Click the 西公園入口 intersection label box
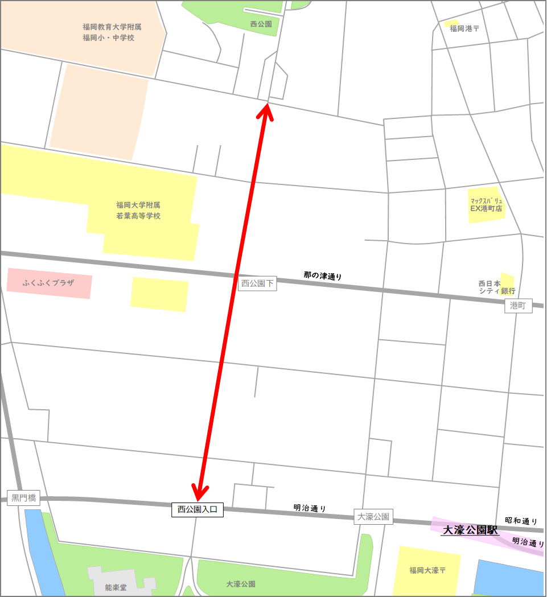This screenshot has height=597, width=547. point(198,510)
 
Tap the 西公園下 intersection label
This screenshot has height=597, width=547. point(257,283)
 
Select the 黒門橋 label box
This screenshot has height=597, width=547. point(24,499)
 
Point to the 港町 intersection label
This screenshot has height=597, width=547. point(518,306)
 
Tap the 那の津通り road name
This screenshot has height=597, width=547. point(323,276)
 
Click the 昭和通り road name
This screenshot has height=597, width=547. point(521,521)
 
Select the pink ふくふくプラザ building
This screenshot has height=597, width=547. point(49,283)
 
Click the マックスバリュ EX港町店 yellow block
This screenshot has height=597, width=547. point(486,205)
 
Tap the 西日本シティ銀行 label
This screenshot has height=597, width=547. point(493,287)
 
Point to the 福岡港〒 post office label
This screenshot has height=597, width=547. point(464,28)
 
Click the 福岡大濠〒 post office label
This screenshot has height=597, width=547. point(427,570)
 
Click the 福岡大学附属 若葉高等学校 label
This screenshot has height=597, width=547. point(138,211)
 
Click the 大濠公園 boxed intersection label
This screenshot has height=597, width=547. point(373,517)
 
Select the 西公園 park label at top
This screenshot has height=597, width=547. point(261,24)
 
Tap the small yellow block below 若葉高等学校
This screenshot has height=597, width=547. point(159,294)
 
